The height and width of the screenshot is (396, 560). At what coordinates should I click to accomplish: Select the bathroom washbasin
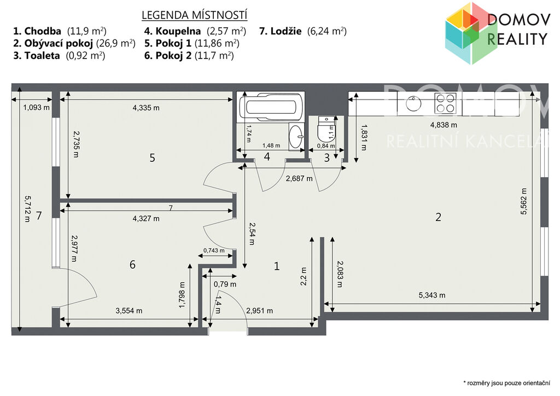[296, 136]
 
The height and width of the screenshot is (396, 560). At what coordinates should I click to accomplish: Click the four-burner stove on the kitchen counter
[445, 103]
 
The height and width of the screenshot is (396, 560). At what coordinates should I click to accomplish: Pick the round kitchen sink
[413, 103]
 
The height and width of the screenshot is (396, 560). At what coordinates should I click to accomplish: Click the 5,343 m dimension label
[432, 295]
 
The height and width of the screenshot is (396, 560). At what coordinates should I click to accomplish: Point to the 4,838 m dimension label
[444, 125]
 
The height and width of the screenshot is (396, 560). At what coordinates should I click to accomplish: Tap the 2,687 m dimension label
[299, 178]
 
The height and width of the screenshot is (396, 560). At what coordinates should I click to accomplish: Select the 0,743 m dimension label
[214, 251]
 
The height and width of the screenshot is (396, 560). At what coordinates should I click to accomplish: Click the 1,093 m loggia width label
[37, 107]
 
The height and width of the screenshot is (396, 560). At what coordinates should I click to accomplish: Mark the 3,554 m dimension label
[129, 311]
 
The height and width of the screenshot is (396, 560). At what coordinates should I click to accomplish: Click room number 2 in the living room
[438, 217]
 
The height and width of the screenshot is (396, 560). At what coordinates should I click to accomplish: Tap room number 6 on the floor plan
[132, 264]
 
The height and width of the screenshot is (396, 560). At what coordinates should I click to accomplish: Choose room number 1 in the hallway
[276, 266]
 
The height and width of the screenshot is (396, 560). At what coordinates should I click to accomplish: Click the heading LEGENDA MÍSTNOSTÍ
[195, 15]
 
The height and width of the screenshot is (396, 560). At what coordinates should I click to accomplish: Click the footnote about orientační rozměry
[506, 383]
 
